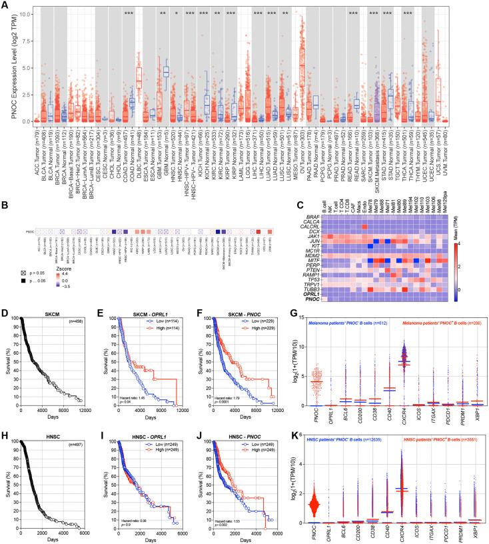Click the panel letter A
pyautogui.click(x=5, y=5)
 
